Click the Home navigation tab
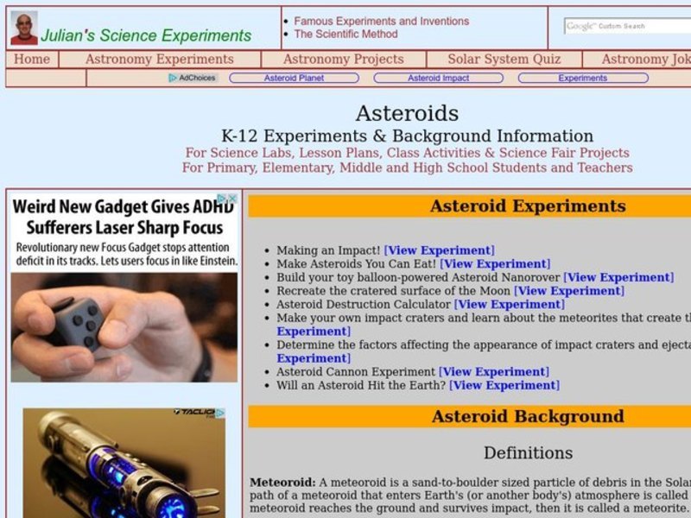(32, 60)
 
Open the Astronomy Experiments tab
(159, 60)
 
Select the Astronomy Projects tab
(343, 60)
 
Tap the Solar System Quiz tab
(504, 60)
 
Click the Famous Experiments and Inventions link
(381, 21)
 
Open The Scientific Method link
(345, 35)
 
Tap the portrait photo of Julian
(24, 28)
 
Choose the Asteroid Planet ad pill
(294, 78)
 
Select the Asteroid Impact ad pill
(439, 78)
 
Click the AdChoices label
(193, 78)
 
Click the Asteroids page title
(407, 113)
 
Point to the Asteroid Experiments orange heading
(527, 206)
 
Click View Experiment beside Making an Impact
(439, 250)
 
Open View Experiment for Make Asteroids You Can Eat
(494, 264)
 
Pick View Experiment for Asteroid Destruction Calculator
(509, 304)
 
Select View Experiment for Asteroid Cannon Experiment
(493, 372)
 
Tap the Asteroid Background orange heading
(527, 416)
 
